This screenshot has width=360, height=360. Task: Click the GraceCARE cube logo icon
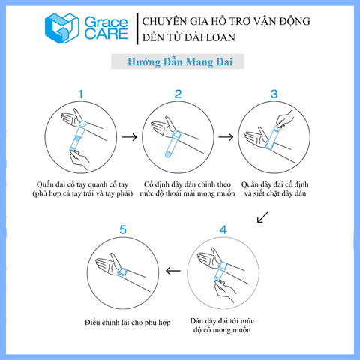62,28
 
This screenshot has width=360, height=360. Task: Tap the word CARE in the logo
106,34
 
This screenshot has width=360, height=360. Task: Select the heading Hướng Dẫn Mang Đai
180,61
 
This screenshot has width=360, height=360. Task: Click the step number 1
80,94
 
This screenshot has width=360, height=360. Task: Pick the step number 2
178,94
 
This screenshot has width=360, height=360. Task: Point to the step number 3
274,94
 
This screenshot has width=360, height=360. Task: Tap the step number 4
223,229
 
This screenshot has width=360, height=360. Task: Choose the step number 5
123,229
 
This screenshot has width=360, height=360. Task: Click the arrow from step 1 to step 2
130,137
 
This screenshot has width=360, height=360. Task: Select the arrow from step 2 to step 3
226,137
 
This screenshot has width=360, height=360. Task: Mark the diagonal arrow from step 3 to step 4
262,217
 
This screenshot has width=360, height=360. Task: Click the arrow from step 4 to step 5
173,271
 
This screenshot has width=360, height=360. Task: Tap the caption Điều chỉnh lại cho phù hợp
127,322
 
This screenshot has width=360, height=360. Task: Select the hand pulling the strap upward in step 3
285,118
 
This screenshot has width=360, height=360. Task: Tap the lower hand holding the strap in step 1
79,160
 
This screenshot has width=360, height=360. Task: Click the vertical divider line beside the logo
137,28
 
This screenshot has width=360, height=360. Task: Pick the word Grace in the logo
106,22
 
